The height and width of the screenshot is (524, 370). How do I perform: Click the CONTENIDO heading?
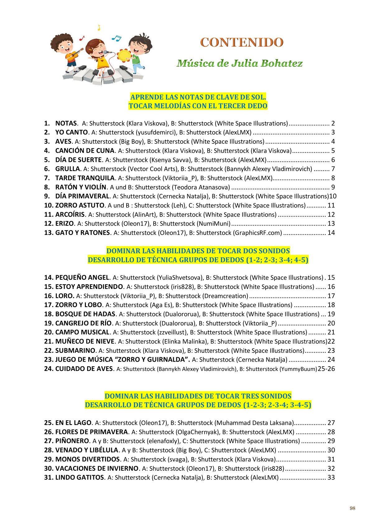pyautogui.click(x=242, y=42)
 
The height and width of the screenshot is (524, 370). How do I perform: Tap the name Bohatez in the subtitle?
pyautogui.click(x=281, y=63)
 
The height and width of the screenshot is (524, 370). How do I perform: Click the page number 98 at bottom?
pyautogui.click(x=352, y=508)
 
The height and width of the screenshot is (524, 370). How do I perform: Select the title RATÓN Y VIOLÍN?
pyautogui.click(x=81, y=187)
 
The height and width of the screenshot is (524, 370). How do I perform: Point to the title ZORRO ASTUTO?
pyautogui.click(x=80, y=205)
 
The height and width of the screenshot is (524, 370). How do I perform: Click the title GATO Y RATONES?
pyautogui.click(x=82, y=233)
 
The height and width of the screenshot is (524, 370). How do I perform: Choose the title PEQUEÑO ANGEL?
pyautogui.click(x=82, y=278)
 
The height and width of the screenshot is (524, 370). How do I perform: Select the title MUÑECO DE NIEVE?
pyautogui.click(x=85, y=341)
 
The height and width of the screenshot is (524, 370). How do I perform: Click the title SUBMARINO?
pyautogui.click(x=75, y=351)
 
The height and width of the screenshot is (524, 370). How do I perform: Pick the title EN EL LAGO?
pyautogui.click(x=73, y=423)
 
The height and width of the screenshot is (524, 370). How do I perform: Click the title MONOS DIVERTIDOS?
pyautogui.click(x=87, y=459)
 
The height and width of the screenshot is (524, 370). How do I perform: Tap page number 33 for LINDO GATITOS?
pyautogui.click(x=331, y=478)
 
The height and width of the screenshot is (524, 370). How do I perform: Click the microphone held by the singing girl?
pyautogui.click(x=108, y=52)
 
